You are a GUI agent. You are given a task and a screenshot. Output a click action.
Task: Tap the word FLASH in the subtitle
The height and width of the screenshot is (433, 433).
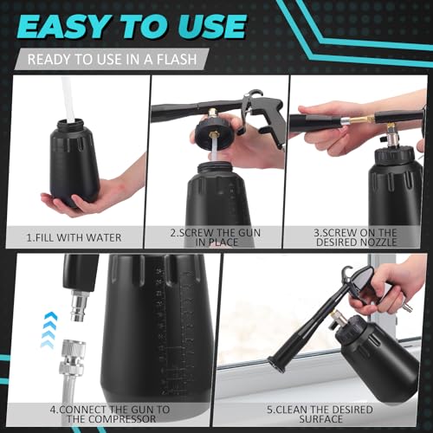tap(177, 59)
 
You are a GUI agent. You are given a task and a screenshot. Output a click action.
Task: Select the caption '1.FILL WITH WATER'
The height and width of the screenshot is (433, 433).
tap(74, 237)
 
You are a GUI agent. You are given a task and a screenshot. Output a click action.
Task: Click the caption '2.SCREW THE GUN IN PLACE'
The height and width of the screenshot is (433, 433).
tap(216, 237)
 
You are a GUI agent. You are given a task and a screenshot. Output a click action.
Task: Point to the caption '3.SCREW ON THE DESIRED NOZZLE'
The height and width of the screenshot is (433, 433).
tap(355, 237)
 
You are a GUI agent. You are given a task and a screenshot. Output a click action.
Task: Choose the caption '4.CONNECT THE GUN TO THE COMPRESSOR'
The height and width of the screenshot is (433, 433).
tap(110, 414)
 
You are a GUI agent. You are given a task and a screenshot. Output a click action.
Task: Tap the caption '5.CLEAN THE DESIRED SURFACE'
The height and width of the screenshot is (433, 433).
tap(320, 414)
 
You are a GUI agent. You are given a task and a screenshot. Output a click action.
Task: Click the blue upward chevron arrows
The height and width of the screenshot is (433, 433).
tap(48, 330)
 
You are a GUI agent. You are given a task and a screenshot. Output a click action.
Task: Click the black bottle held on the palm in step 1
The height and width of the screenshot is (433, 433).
tap(74, 163)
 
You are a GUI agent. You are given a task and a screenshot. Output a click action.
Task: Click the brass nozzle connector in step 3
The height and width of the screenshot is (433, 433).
tap(361, 119)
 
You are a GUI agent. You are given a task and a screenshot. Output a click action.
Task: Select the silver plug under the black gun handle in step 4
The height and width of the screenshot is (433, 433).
tap(78, 305)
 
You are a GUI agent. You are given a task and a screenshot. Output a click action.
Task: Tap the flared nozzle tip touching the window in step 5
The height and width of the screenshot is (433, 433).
tap(276, 365)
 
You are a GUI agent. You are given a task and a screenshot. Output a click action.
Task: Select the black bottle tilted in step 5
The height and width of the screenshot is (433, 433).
tap(379, 359)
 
